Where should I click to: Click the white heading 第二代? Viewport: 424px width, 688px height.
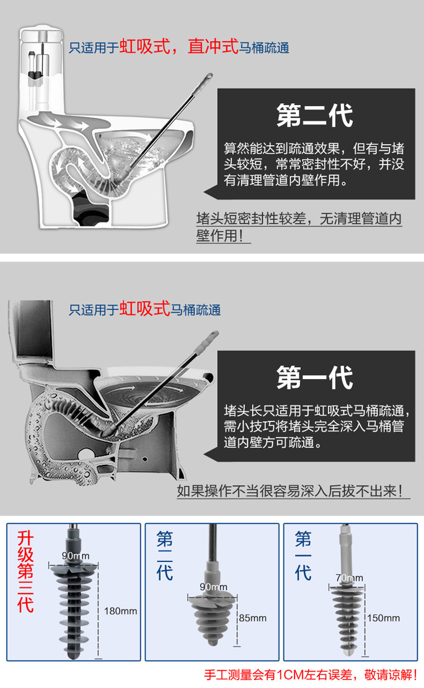click(314, 115)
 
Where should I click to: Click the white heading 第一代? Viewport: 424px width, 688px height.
click(314, 377)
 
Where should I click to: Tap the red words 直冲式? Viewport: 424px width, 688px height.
click(213, 46)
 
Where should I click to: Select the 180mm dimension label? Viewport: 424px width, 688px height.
click(120, 611)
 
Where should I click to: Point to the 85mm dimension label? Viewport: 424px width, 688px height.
click(253, 617)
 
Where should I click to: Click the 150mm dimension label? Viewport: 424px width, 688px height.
click(383, 617)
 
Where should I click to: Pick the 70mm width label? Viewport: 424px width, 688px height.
click(349, 578)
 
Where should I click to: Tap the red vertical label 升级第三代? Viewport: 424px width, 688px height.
click(25, 572)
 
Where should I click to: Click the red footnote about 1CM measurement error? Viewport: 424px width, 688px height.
click(310, 675)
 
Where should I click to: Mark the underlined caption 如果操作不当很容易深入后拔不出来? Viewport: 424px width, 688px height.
click(289, 491)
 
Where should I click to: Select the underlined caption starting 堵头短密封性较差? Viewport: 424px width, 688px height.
click(299, 227)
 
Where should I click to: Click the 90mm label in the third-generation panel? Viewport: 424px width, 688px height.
click(76, 556)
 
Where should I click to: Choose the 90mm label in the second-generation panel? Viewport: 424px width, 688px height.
click(213, 587)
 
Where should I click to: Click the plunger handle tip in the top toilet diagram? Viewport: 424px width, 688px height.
click(209, 76)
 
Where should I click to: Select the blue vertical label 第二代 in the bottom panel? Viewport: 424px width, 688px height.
click(165, 556)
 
